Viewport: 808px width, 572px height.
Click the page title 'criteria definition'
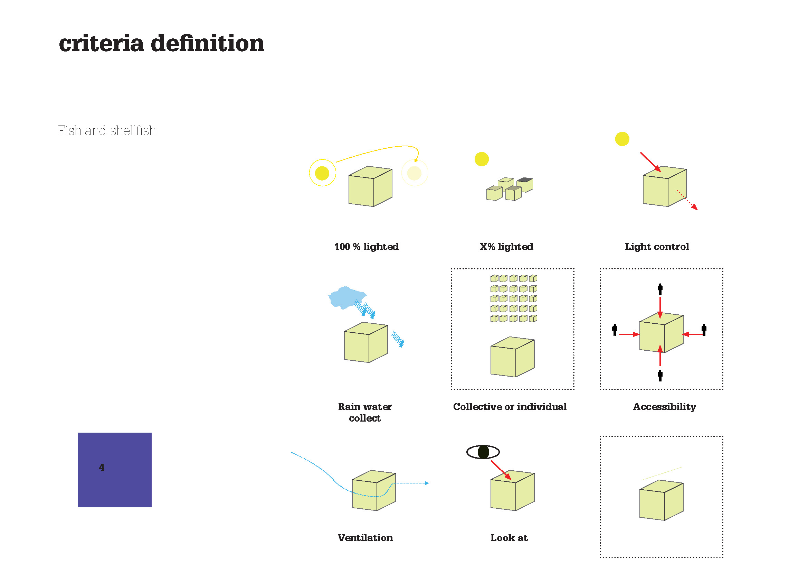[161, 44]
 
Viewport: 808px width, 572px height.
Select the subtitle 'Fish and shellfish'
[107, 131]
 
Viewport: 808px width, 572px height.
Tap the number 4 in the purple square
[102, 468]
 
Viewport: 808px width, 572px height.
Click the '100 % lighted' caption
[366, 247]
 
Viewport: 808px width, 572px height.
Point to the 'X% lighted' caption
[506, 247]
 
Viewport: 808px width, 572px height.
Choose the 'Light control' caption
[657, 247]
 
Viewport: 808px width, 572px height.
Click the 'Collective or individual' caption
[510, 407]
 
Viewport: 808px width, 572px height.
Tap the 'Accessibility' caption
[664, 407]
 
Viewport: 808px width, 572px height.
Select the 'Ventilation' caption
[365, 538]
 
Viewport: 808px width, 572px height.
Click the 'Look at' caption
[509, 538]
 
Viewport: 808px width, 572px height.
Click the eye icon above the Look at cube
[483, 452]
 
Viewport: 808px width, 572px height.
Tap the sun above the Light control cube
[622, 139]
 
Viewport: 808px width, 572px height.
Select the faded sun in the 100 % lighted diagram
[414, 173]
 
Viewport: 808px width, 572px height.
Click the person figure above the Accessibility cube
[660, 289]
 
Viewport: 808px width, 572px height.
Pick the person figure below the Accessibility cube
[660, 376]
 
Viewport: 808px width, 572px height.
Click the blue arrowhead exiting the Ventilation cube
[427, 483]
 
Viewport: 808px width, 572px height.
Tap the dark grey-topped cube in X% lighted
[525, 184]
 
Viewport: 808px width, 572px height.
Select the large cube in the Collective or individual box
[512, 357]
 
